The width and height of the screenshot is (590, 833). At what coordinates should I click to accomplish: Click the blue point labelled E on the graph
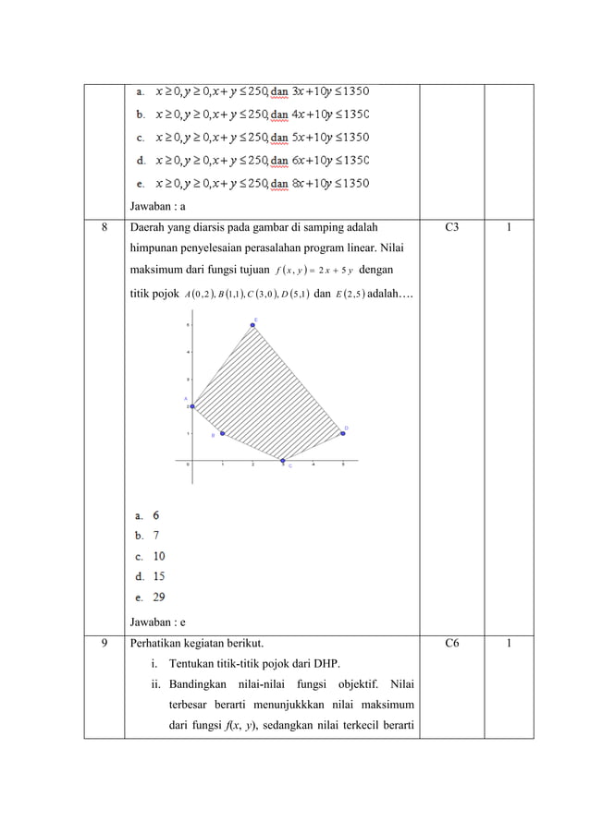[252, 325]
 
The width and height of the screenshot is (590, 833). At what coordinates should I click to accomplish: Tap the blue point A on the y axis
[191, 406]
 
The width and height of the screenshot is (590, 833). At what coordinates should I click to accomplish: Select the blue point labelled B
[222, 433]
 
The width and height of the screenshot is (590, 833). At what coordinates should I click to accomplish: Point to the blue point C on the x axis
[283, 460]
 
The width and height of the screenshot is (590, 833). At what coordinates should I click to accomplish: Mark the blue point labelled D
[343, 433]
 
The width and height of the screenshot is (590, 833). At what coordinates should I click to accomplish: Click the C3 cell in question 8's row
[452, 223]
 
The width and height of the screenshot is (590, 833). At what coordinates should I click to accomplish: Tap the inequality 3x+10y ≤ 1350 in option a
[330, 91]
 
